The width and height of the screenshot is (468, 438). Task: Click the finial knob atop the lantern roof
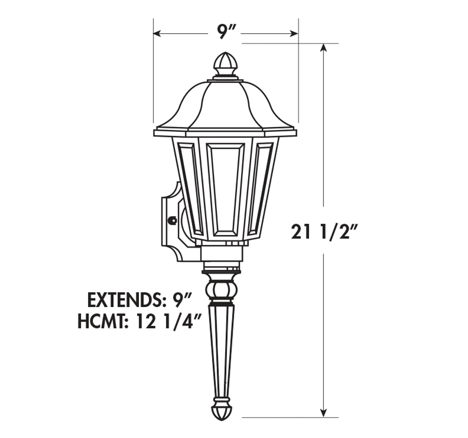(226, 63)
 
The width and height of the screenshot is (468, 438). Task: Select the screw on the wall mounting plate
(172, 220)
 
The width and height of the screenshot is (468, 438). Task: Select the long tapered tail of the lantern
(221, 351)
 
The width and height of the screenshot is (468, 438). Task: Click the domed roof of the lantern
(225, 105)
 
